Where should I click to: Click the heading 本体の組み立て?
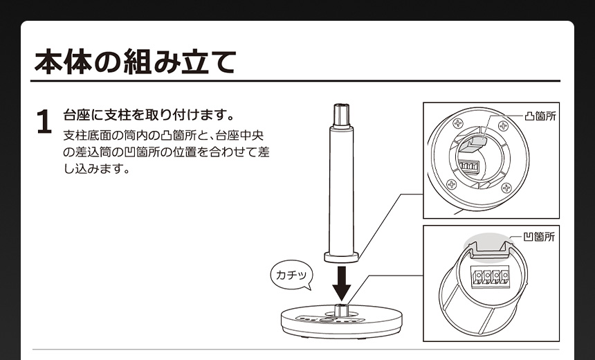click(x=135, y=61)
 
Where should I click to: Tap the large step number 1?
click(x=44, y=122)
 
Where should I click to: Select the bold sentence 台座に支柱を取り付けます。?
click(x=149, y=115)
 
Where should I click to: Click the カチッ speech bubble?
click(x=291, y=275)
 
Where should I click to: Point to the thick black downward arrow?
click(x=342, y=284)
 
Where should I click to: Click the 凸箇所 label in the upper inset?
click(x=540, y=116)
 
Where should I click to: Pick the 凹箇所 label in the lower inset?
click(x=539, y=237)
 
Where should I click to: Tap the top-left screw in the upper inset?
click(x=458, y=123)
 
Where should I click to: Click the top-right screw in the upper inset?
click(x=503, y=126)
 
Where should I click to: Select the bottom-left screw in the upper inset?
click(x=451, y=185)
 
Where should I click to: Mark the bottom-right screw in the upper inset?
click(x=506, y=187)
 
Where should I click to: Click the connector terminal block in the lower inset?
click(x=491, y=276)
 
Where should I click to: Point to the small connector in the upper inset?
click(x=469, y=167)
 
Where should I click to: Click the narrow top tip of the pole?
click(x=342, y=115)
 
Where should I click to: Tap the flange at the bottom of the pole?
click(x=342, y=257)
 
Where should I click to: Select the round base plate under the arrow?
click(x=342, y=323)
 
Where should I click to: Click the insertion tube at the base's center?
click(x=341, y=310)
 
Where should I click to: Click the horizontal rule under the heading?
click(x=295, y=81)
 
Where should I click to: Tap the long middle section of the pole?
click(x=342, y=190)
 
